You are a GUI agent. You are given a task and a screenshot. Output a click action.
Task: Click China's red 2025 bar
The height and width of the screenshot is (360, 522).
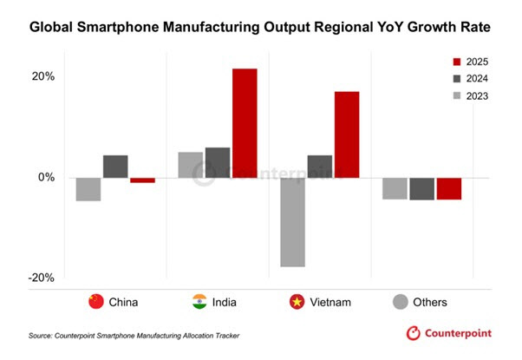(x=142, y=180)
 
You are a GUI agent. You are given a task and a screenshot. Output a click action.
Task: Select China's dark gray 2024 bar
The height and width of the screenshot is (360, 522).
(x=115, y=167)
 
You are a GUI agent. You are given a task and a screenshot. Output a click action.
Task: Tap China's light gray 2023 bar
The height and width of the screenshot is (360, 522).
(x=88, y=189)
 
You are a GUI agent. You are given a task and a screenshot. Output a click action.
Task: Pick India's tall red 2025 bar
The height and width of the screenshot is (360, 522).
(x=245, y=123)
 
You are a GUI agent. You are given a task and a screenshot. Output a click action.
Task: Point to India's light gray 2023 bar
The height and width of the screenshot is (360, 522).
(x=191, y=165)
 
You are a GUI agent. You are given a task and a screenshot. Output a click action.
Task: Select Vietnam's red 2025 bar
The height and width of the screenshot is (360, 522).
(x=347, y=134)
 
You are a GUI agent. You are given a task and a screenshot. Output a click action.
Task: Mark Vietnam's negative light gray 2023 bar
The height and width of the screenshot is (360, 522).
(x=293, y=222)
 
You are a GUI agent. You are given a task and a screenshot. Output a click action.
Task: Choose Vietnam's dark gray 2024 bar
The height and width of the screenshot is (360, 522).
(x=320, y=167)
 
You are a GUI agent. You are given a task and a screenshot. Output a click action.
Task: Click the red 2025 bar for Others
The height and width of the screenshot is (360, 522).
(x=449, y=188)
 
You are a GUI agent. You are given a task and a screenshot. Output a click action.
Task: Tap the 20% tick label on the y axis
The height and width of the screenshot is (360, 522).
(x=43, y=76)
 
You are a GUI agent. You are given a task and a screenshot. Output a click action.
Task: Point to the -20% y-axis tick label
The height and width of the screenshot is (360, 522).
(x=42, y=278)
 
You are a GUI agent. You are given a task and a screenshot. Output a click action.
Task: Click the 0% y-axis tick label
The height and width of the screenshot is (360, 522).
(x=47, y=178)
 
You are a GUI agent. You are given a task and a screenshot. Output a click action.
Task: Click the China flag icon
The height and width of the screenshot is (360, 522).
(x=96, y=302)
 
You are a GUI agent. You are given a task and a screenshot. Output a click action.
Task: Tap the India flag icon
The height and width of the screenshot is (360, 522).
(x=199, y=302)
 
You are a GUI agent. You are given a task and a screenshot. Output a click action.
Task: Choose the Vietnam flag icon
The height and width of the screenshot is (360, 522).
(x=297, y=302)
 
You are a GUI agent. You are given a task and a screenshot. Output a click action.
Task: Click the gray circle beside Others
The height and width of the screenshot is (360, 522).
(x=400, y=302)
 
